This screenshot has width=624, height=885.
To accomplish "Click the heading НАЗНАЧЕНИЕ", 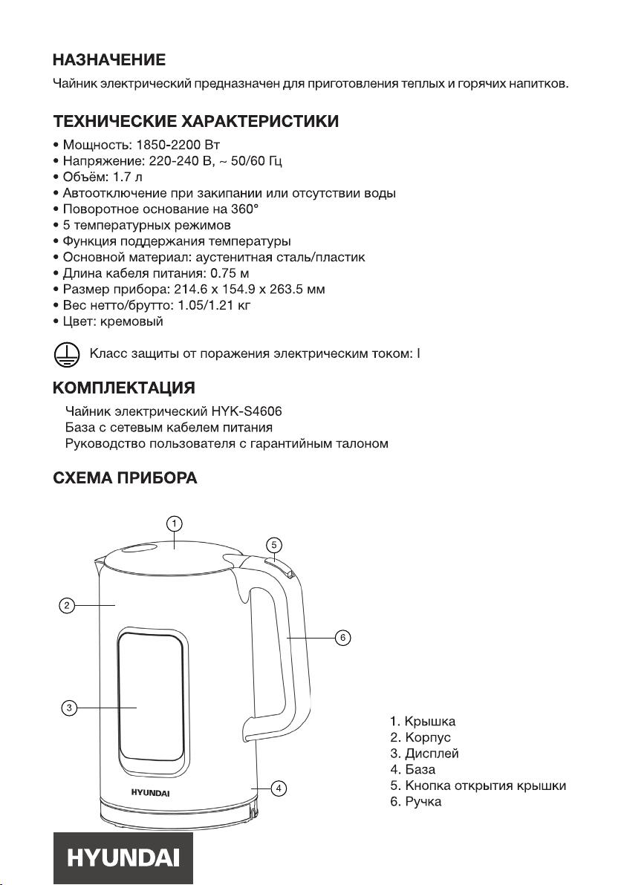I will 108,60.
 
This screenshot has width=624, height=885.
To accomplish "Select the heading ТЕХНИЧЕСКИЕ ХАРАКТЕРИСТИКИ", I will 196,121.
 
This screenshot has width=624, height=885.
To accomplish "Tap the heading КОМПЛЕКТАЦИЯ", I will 124,388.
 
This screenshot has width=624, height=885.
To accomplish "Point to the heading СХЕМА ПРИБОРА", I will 125,478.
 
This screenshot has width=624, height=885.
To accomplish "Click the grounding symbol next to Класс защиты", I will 65,354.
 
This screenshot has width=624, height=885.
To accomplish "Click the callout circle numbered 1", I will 173,523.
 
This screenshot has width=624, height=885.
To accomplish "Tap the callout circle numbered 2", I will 66,606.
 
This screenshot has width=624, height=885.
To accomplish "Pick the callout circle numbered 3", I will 68,708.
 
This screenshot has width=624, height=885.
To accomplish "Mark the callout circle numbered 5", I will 273,544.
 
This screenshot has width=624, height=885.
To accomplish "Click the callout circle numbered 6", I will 341,638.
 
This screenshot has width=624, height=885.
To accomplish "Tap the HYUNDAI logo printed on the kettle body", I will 151,792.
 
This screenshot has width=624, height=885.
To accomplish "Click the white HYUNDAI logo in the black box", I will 123,858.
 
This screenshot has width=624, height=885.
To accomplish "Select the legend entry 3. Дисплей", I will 424,754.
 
